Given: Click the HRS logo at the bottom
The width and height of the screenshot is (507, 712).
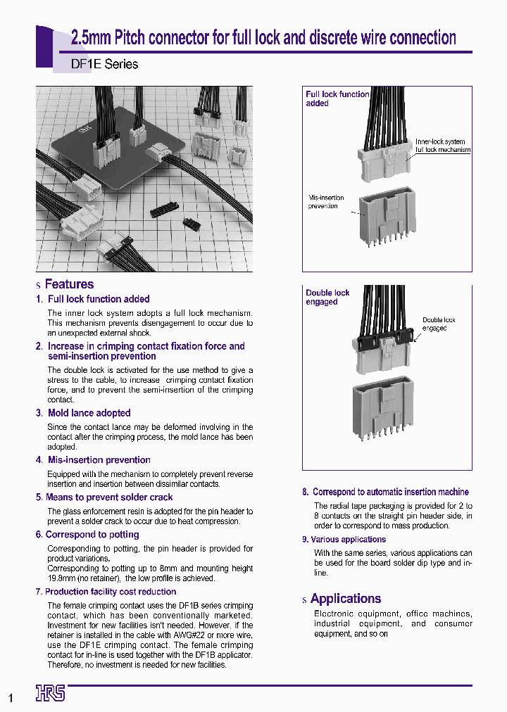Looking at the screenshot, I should click(50, 693).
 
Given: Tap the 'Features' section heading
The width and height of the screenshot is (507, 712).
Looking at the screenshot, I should click(69, 284).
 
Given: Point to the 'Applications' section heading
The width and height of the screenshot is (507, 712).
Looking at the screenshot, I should click(345, 599).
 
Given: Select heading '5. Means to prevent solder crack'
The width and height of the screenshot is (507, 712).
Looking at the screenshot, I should click(104, 497).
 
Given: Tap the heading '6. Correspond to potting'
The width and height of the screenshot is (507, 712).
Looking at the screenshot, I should click(87, 535).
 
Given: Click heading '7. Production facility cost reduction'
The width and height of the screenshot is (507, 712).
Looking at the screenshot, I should click(106, 592).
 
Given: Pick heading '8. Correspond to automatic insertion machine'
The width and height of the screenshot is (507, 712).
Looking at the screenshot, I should click(385, 492).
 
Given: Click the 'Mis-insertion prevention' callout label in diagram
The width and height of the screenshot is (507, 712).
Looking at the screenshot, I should click(323, 202).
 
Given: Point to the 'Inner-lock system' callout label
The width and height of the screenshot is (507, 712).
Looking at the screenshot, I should click(440, 141).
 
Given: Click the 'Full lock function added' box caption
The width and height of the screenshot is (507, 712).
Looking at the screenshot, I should click(337, 98).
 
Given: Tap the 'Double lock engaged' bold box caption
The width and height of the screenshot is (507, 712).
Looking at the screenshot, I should click(327, 297).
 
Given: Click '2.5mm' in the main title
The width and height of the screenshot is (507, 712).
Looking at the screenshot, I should click(92, 38).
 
